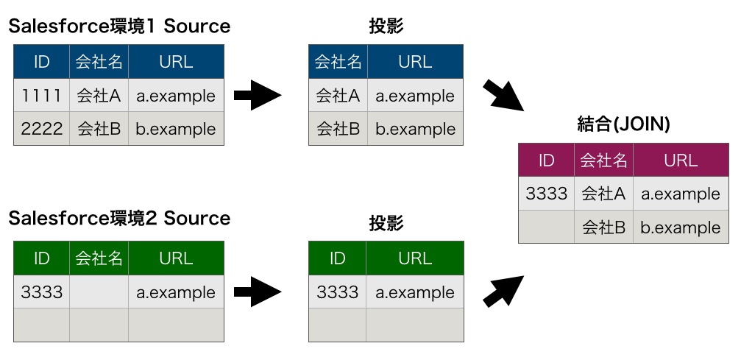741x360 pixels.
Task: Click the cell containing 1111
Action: [x=42, y=96]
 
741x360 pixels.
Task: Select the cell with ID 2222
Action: [x=42, y=129]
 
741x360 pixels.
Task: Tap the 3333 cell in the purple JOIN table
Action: [x=546, y=194]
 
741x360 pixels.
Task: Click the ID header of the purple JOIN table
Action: [x=546, y=160]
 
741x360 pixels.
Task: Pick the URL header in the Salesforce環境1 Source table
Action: [x=176, y=62]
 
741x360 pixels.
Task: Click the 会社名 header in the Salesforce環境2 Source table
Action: [x=99, y=258]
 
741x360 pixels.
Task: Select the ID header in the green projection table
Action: [x=337, y=258]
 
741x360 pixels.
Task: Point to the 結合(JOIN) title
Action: [x=623, y=124]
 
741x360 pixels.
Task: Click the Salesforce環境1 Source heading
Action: [x=119, y=27]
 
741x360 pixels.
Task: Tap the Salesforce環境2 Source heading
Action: [x=119, y=219]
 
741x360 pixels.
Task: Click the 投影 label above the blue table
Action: [x=386, y=27]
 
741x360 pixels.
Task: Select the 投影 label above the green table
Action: [x=386, y=223]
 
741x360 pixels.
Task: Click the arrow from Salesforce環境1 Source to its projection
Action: [x=258, y=95]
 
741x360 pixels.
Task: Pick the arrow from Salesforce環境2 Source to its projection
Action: [x=258, y=292]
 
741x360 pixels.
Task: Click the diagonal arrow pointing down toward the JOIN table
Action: [x=503, y=96]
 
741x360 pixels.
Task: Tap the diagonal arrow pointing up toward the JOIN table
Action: [x=503, y=292]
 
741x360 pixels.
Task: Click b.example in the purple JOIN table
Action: [x=681, y=227]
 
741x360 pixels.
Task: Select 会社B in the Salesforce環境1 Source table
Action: [x=99, y=129]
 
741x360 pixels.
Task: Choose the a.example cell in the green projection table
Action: [x=415, y=292]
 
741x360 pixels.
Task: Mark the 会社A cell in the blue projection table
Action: [x=338, y=96]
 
